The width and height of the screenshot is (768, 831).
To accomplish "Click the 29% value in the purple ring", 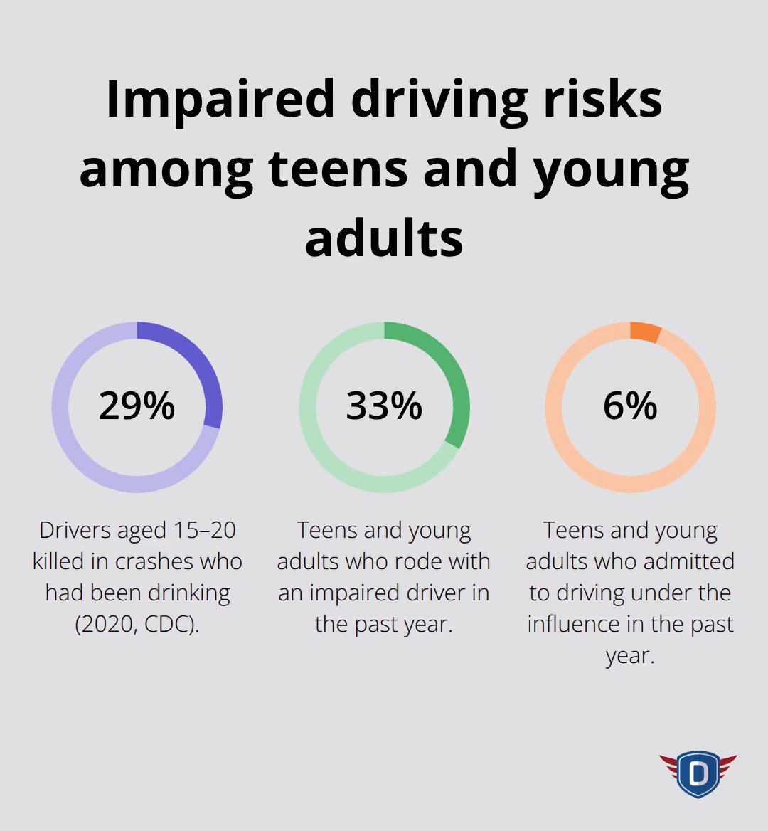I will [x=137, y=406].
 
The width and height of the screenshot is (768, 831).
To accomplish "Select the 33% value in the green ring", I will [x=384, y=406].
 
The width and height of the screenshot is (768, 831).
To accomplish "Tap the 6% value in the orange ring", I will [x=630, y=406].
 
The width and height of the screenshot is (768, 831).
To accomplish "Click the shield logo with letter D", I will [x=698, y=773].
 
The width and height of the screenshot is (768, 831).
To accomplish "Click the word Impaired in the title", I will [x=220, y=100].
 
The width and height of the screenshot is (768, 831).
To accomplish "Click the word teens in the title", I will [x=343, y=169].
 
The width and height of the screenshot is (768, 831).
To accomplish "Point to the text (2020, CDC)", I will [x=137, y=624].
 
